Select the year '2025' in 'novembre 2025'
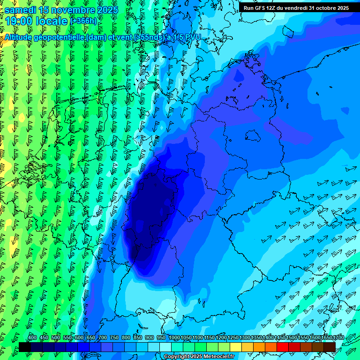(107, 9)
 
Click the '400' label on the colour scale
(32, 338)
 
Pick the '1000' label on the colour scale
(174, 338)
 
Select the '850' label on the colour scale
(138, 338)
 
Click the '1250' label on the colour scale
(233, 338)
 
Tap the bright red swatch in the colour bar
(283, 347)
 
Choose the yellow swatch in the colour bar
(236, 347)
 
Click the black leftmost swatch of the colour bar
(25, 347)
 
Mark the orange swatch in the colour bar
(259, 347)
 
